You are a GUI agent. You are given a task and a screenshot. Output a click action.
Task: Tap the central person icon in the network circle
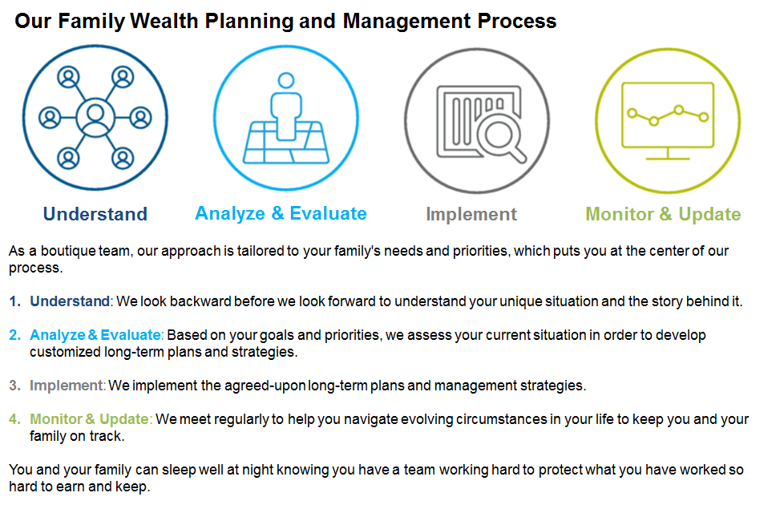(95, 118)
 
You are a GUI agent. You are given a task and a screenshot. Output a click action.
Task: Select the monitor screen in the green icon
(668, 115)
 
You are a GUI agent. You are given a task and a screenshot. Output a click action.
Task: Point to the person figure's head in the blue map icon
(286, 80)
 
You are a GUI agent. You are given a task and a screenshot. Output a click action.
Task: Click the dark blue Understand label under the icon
(95, 214)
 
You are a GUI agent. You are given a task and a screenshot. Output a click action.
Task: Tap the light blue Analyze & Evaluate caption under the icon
(281, 213)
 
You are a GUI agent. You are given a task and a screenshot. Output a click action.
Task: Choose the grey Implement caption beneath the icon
(471, 215)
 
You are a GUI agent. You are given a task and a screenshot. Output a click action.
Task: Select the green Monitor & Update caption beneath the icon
(663, 215)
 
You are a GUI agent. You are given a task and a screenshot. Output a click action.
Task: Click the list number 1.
(14, 301)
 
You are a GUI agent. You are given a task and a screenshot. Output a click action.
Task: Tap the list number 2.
(14, 335)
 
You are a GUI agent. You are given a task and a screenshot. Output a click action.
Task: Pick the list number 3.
(14, 386)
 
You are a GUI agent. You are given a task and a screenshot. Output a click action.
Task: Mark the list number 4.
(14, 419)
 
